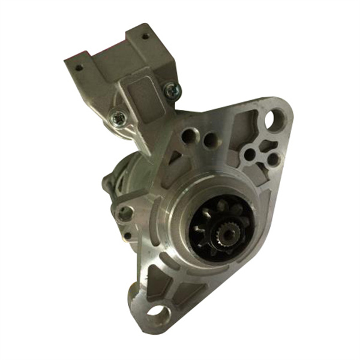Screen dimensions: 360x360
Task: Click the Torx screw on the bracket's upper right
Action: click(172, 90)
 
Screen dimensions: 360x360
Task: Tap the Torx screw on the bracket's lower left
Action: click(118, 119)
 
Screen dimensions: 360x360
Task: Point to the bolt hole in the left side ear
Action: click(125, 212)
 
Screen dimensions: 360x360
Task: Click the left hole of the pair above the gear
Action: click(190, 136)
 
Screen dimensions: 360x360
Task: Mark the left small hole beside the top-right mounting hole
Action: click(250, 154)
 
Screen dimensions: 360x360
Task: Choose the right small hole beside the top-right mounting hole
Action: click(272, 160)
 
